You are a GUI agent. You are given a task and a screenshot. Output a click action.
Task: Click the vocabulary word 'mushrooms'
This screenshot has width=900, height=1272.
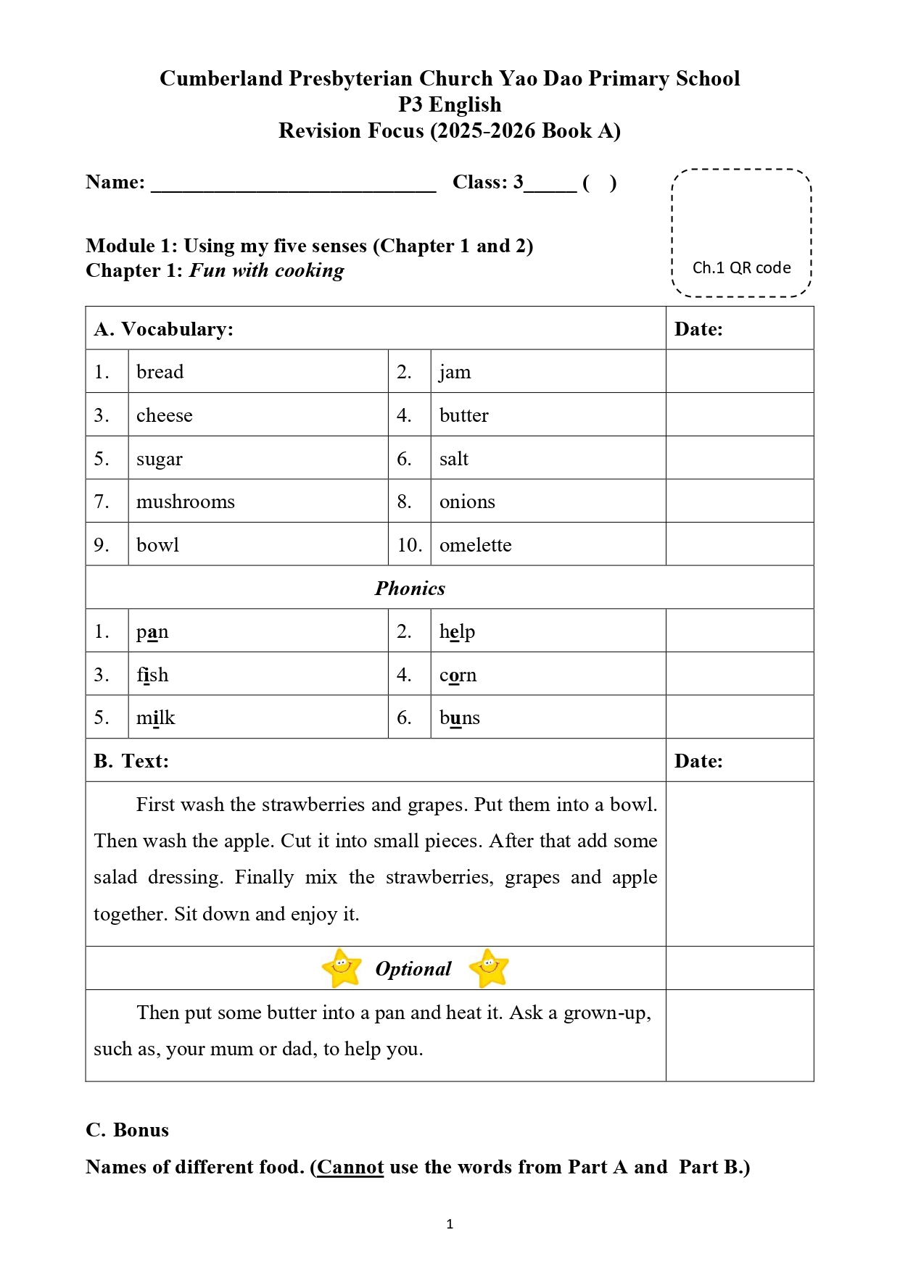click(x=186, y=502)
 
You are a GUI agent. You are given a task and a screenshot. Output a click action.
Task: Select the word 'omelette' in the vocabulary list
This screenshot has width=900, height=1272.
click(x=475, y=545)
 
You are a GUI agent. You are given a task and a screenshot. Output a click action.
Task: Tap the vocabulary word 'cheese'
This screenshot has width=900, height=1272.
click(x=165, y=415)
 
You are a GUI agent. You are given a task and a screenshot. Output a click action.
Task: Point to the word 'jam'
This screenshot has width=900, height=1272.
click(x=455, y=372)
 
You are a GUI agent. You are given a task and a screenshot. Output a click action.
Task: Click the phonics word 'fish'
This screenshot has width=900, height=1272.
click(x=152, y=675)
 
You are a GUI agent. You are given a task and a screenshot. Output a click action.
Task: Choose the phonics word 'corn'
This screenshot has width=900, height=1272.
click(x=458, y=675)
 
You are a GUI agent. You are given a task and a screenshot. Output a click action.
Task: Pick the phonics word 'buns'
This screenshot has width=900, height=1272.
click(x=459, y=718)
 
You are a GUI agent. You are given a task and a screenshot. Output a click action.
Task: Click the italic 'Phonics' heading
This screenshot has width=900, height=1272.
click(x=410, y=588)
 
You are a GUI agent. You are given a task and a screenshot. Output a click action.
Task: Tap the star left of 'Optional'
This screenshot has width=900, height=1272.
click(x=342, y=968)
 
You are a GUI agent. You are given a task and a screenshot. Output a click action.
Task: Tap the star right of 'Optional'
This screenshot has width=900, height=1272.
click(x=489, y=968)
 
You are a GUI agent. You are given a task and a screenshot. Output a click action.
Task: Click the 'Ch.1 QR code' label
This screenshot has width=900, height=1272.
click(x=741, y=267)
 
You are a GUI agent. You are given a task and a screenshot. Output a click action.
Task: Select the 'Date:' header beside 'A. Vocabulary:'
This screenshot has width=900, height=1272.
click(x=698, y=329)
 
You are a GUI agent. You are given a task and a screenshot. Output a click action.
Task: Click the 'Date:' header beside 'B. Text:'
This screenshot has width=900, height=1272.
click(x=698, y=761)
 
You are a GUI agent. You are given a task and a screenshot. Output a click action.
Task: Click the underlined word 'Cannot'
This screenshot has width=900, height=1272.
click(x=350, y=1167)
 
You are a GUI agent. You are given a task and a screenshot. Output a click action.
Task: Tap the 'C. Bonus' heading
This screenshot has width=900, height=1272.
click(x=127, y=1130)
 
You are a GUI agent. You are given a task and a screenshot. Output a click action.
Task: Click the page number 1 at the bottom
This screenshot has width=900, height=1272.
click(x=450, y=1224)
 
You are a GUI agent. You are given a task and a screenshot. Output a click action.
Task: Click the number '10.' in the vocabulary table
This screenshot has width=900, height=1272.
click(x=409, y=545)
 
